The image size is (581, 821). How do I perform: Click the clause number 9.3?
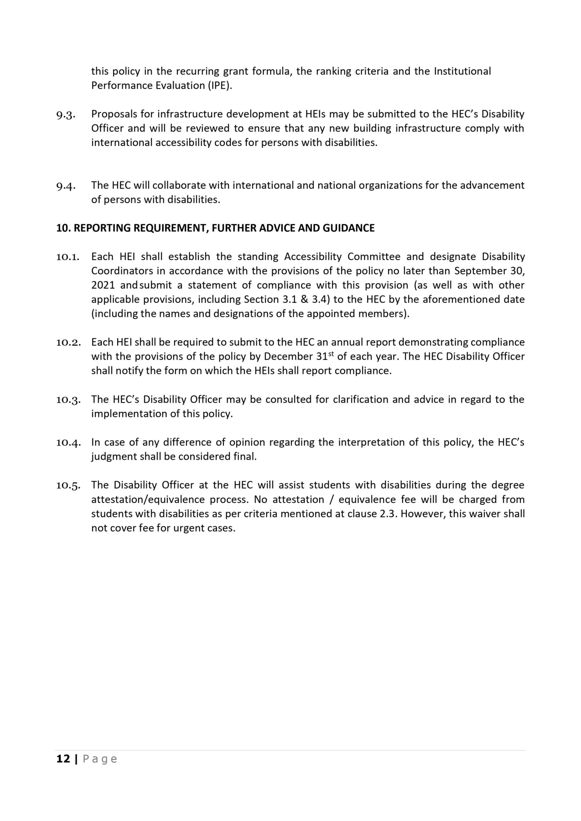coord(66,114)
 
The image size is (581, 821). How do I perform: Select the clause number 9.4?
coord(66,186)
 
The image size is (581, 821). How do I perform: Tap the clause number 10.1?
coord(68,257)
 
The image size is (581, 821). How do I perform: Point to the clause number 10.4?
coord(68,442)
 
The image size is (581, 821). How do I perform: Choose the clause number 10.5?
coord(68,485)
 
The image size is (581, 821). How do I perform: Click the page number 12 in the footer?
coord(63,759)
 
